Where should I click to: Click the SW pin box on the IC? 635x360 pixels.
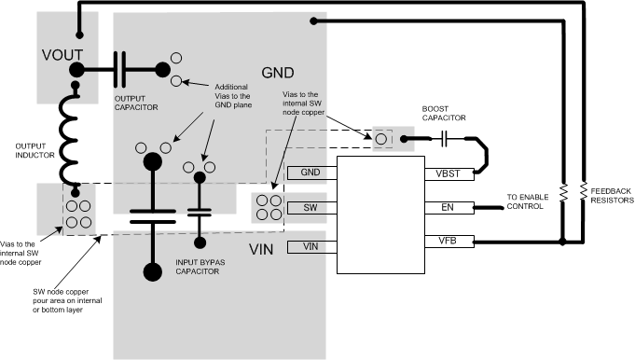coord(311,207)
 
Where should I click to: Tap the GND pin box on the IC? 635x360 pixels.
coord(311,173)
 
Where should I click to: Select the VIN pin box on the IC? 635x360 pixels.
coord(311,246)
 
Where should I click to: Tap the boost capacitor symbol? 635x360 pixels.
coord(446,138)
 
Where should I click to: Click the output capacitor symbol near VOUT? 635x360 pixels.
coord(120,68)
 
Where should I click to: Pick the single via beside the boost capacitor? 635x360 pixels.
coord(381,139)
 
